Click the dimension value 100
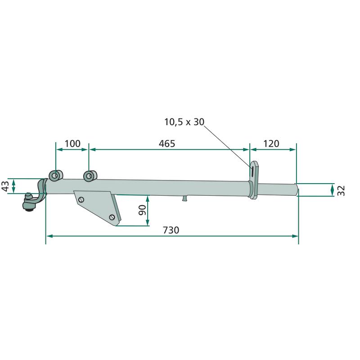pyautogui.click(x=72, y=144)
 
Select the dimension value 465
pyautogui.click(x=167, y=144)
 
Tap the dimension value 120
pyautogui.click(x=271, y=144)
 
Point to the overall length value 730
pyautogui.click(x=171, y=230)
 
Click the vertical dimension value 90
pyautogui.click(x=142, y=210)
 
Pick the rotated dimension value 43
pyautogui.click(x=5, y=186)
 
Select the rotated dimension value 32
pyautogui.click(x=342, y=190)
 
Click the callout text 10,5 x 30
pyautogui.click(x=184, y=122)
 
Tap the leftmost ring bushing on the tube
pyautogui.click(x=56, y=175)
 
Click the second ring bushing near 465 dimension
pyautogui.click(x=90, y=176)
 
